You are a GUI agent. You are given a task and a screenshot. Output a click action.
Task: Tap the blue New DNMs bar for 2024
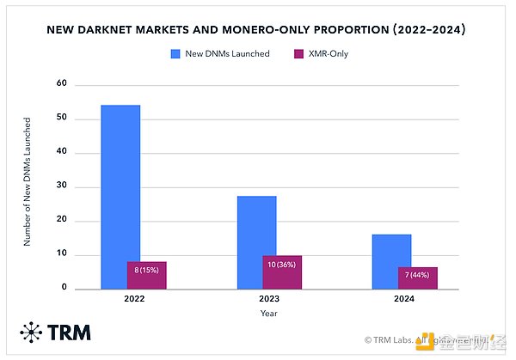(x=391, y=249)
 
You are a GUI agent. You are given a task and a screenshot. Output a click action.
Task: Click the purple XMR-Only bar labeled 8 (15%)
(x=146, y=275)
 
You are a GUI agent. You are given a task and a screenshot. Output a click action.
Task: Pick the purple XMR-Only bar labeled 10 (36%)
(x=282, y=272)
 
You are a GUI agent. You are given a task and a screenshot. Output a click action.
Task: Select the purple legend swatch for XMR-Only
(x=299, y=53)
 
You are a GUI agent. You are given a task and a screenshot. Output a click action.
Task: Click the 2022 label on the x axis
(x=133, y=300)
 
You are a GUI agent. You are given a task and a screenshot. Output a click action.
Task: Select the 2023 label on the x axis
(x=269, y=300)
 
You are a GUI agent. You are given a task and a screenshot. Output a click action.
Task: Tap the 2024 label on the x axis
(x=404, y=300)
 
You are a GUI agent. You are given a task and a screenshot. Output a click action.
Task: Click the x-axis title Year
(x=269, y=314)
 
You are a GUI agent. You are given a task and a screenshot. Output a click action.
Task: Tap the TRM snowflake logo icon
(x=34, y=333)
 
